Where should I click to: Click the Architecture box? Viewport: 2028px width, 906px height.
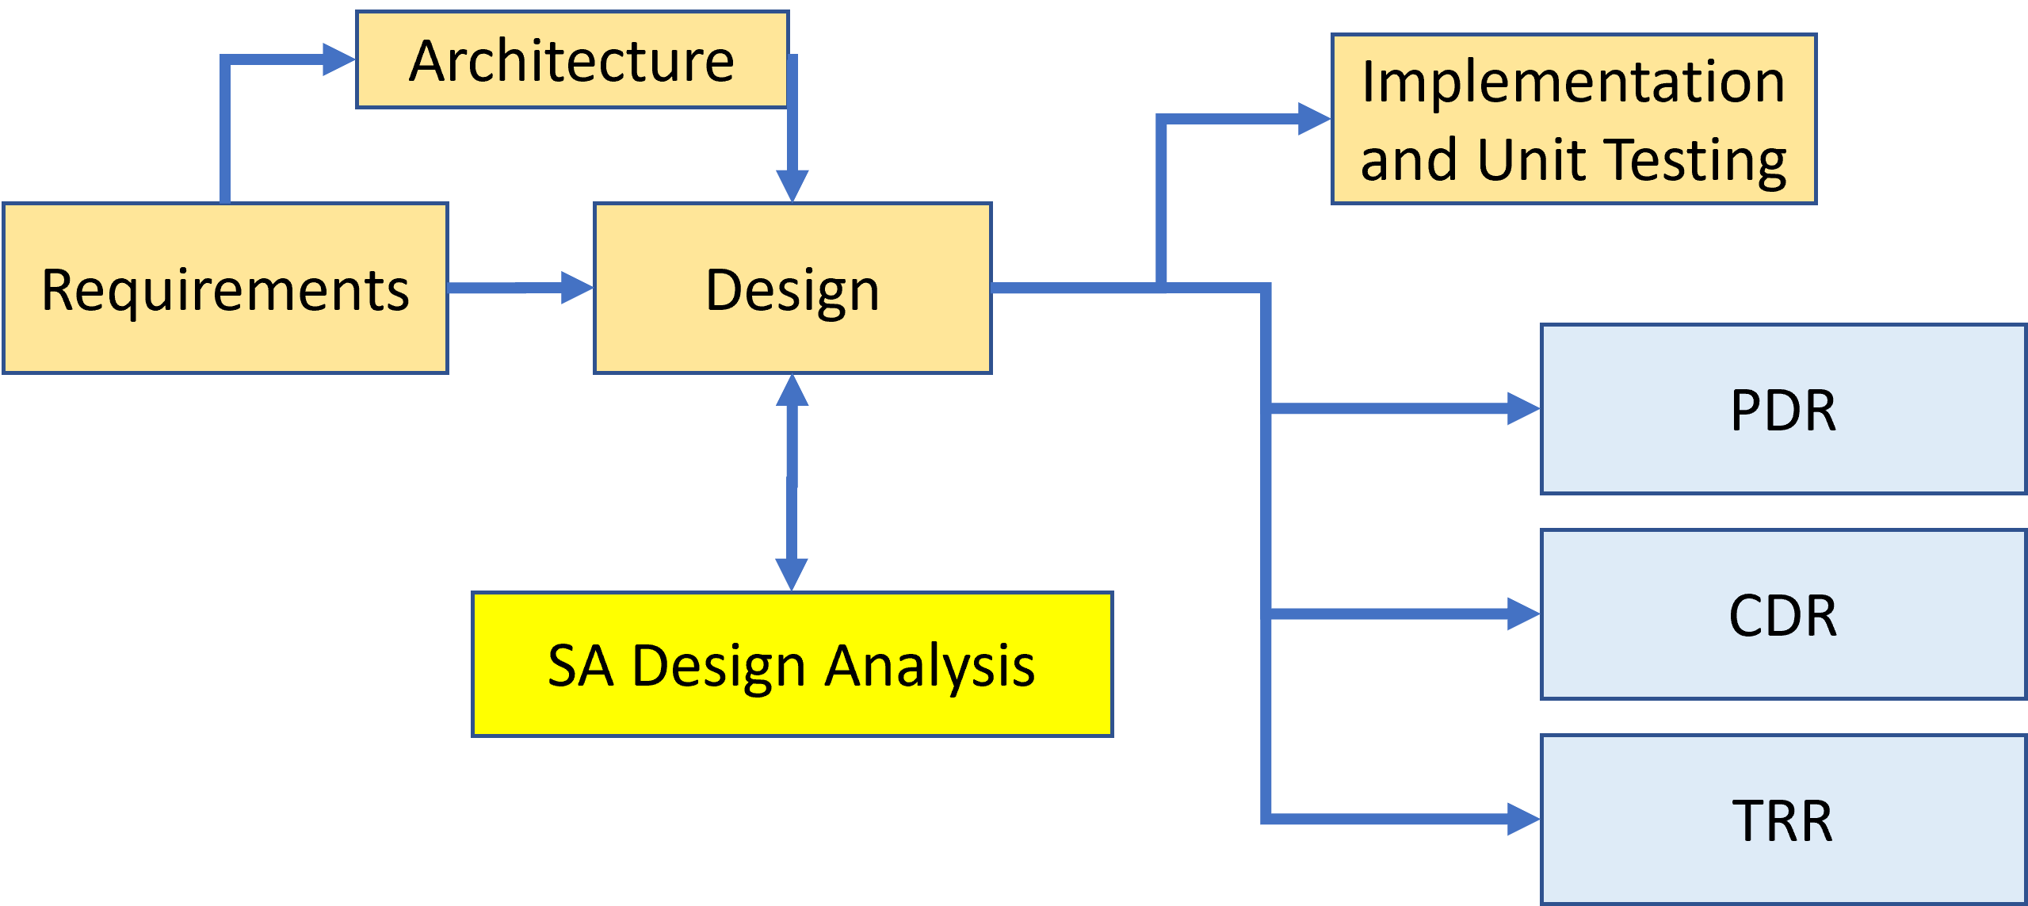click(x=572, y=60)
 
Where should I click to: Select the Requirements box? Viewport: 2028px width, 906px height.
click(x=225, y=289)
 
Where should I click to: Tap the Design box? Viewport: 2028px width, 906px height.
click(x=792, y=289)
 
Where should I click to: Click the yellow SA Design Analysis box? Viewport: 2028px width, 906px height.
click(x=792, y=664)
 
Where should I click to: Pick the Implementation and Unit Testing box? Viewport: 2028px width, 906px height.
click(x=1574, y=119)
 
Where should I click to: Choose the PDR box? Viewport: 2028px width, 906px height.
click(x=1783, y=409)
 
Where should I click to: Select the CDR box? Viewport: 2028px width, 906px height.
click(x=1783, y=614)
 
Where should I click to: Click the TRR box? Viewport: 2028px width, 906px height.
click(x=1783, y=820)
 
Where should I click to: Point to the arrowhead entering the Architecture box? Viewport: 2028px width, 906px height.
click(x=339, y=59)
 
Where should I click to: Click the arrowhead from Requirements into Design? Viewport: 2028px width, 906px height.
click(x=577, y=287)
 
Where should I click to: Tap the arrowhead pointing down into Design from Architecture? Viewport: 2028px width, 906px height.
click(x=792, y=185)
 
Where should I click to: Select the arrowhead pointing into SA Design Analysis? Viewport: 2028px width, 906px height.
click(x=792, y=574)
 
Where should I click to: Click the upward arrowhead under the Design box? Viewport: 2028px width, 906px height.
click(x=792, y=391)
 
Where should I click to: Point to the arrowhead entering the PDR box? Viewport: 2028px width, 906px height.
click(x=1523, y=409)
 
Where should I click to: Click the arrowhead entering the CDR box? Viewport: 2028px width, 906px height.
click(x=1523, y=614)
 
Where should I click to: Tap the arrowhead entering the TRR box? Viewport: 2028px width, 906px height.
click(x=1523, y=820)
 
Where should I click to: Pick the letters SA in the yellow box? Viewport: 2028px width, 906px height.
click(x=580, y=666)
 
